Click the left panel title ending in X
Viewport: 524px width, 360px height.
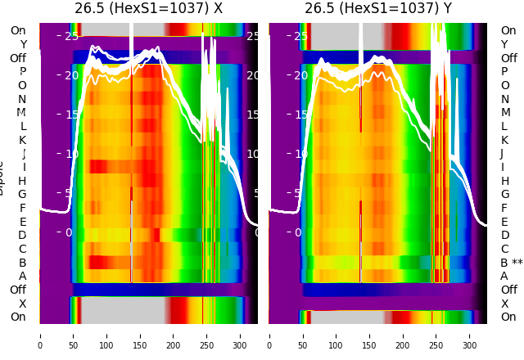(148, 8)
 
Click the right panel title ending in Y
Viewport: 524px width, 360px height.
(378, 8)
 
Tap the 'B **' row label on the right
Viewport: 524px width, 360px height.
(512, 263)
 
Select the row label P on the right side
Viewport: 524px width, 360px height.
(504, 72)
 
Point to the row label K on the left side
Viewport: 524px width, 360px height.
(22, 140)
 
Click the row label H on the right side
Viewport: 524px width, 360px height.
(504, 181)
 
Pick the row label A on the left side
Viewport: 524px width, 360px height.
(22, 276)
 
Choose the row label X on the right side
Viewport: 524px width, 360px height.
(504, 304)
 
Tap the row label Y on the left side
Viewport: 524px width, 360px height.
(23, 45)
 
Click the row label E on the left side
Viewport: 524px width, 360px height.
(22, 222)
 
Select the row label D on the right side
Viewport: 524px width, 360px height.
(504, 236)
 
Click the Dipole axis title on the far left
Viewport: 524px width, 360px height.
(2, 177)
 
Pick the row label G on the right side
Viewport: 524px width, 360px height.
(504, 195)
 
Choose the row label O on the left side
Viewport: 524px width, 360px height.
(22, 85)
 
